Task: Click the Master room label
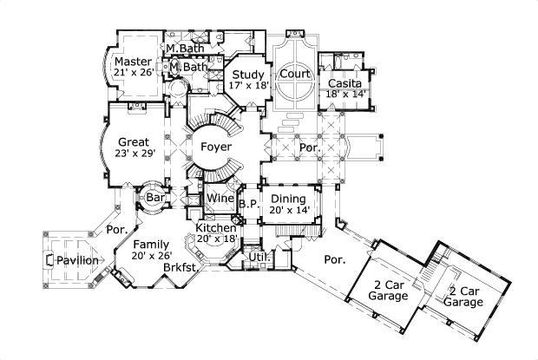tap(133, 62)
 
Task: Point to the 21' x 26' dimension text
tap(133, 75)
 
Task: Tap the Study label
tap(248, 75)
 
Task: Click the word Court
tap(295, 75)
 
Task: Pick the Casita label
tap(344, 83)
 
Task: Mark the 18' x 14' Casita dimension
tap(347, 95)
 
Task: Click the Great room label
tap(133, 141)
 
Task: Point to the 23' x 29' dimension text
tap(133, 154)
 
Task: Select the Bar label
tap(155, 199)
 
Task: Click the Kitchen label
tap(216, 226)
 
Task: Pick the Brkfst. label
tap(180, 268)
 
